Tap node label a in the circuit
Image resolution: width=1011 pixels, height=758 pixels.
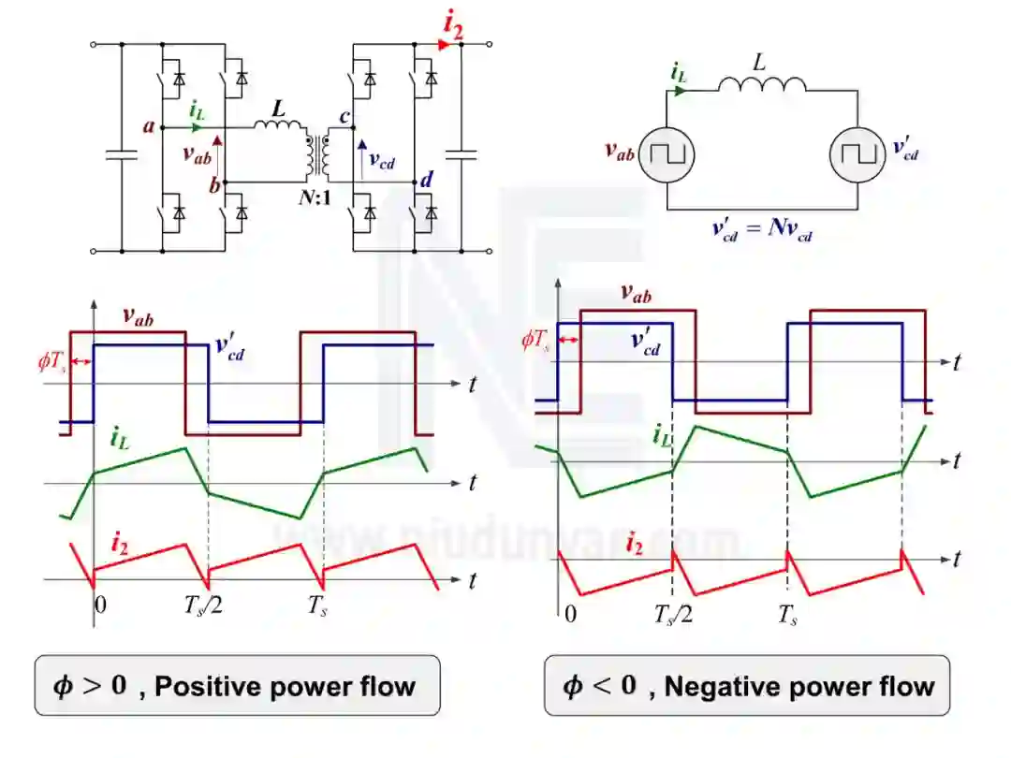click(148, 125)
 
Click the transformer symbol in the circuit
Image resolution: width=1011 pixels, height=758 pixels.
click(315, 156)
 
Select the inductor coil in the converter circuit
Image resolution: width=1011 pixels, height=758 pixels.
click(278, 125)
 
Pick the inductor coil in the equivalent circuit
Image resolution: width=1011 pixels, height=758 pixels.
click(762, 86)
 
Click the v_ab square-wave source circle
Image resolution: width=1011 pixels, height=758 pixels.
click(667, 152)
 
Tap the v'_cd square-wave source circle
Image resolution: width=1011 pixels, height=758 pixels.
click(857, 152)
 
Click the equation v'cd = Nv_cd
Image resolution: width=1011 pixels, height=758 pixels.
click(760, 230)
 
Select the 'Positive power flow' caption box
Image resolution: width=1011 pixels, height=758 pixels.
click(238, 686)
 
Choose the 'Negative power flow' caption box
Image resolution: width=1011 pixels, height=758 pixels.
click(747, 686)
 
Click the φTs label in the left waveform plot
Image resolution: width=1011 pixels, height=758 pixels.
click(53, 361)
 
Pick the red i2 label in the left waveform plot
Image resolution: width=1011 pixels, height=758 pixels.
click(119, 542)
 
